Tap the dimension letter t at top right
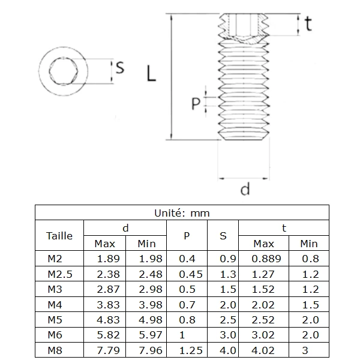[x=308, y=23]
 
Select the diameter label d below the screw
[x=245, y=190]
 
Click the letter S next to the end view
[x=119, y=68]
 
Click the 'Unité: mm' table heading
[x=182, y=212]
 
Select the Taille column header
[x=59, y=236]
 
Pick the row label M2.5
[x=59, y=274]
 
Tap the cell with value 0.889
[x=263, y=259]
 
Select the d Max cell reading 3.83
[x=109, y=304]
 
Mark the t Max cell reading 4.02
[x=263, y=350]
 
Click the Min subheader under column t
[x=309, y=244]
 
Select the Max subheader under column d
[x=105, y=244]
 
